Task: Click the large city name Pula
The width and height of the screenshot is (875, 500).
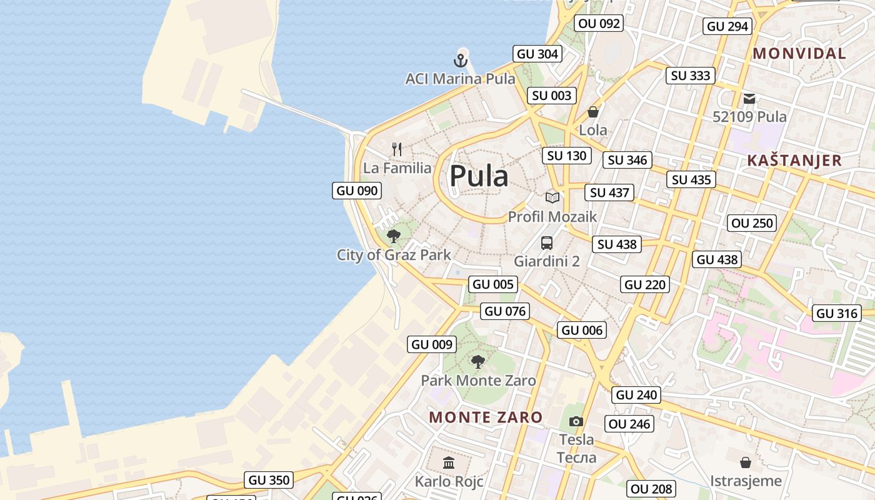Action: coord(479,176)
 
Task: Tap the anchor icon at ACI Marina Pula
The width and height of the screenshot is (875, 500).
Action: coord(460,61)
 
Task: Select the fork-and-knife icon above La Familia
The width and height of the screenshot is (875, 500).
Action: coord(397,149)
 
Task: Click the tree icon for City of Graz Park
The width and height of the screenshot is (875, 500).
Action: coord(393,236)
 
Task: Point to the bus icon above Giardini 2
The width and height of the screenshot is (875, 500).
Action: coord(547,242)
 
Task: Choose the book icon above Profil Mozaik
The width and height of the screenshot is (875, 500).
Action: coord(552,197)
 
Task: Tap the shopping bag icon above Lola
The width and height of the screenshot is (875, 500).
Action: coord(592,112)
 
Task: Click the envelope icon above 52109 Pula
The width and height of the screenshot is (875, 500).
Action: coord(749,98)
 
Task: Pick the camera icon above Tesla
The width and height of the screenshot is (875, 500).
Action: coord(576,421)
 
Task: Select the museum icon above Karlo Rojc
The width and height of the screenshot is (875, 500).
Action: coord(449,463)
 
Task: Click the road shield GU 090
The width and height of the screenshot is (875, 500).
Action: coord(357,191)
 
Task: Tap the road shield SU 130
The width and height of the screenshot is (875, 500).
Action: coord(567,156)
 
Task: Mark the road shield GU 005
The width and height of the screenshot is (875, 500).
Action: coord(493,284)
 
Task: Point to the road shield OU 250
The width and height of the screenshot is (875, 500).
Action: coord(752,223)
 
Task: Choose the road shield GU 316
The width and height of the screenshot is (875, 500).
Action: coord(837,313)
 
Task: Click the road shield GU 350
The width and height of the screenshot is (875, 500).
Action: coord(269,480)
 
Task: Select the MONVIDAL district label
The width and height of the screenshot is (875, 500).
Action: coord(799,54)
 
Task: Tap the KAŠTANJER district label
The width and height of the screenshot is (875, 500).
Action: coord(794,161)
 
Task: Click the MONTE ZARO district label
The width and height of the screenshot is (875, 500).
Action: coord(486,417)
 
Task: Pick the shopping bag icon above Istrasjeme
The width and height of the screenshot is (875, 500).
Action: coord(745,462)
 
